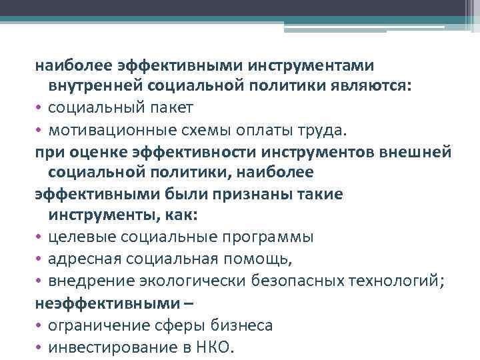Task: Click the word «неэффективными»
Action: (105, 303)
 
